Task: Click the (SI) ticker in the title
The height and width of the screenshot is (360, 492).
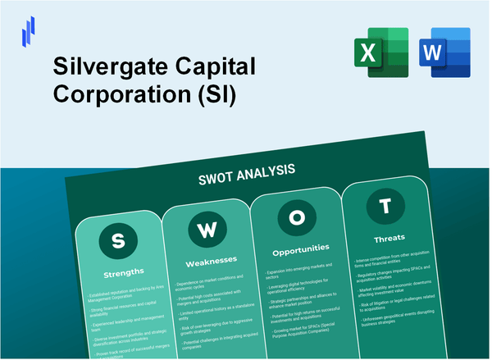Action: click(215, 93)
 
